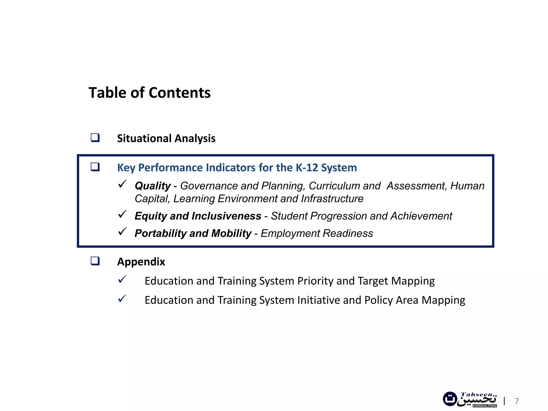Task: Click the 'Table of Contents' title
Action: [x=150, y=93]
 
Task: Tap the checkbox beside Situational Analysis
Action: [x=95, y=138]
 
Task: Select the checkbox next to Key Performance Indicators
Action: [x=95, y=167]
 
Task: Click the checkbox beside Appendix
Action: [x=95, y=261]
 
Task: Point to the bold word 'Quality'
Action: [x=153, y=186]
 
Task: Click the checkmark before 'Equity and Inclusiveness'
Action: [x=122, y=214]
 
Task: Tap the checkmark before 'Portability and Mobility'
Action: [x=122, y=232]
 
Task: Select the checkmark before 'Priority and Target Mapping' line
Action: [x=122, y=280]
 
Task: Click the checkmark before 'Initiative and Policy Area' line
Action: [x=122, y=299]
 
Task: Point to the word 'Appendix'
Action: [x=141, y=262]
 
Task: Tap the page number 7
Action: [x=517, y=401]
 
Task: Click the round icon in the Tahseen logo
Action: [x=450, y=399]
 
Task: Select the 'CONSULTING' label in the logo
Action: [x=485, y=406]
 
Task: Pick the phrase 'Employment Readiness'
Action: [x=317, y=233]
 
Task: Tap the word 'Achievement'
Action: [x=421, y=216]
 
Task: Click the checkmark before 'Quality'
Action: [x=122, y=184]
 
